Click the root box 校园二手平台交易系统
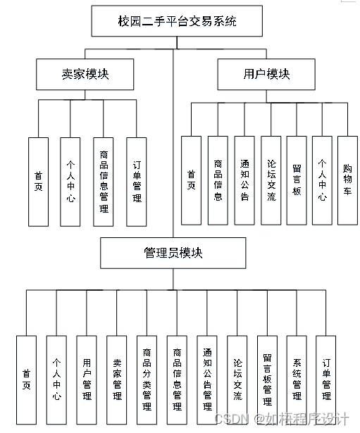coord(177,22)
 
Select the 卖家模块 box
coord(85,73)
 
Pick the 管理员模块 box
coord(173,253)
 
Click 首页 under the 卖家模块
coord(38,181)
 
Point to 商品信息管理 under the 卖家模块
coord(104,181)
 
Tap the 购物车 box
coord(347,180)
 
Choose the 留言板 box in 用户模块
coord(296,180)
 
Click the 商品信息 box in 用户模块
coord(218,180)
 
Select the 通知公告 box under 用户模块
coord(244,180)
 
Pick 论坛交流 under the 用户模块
coord(270,180)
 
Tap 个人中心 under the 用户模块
coord(321,180)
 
